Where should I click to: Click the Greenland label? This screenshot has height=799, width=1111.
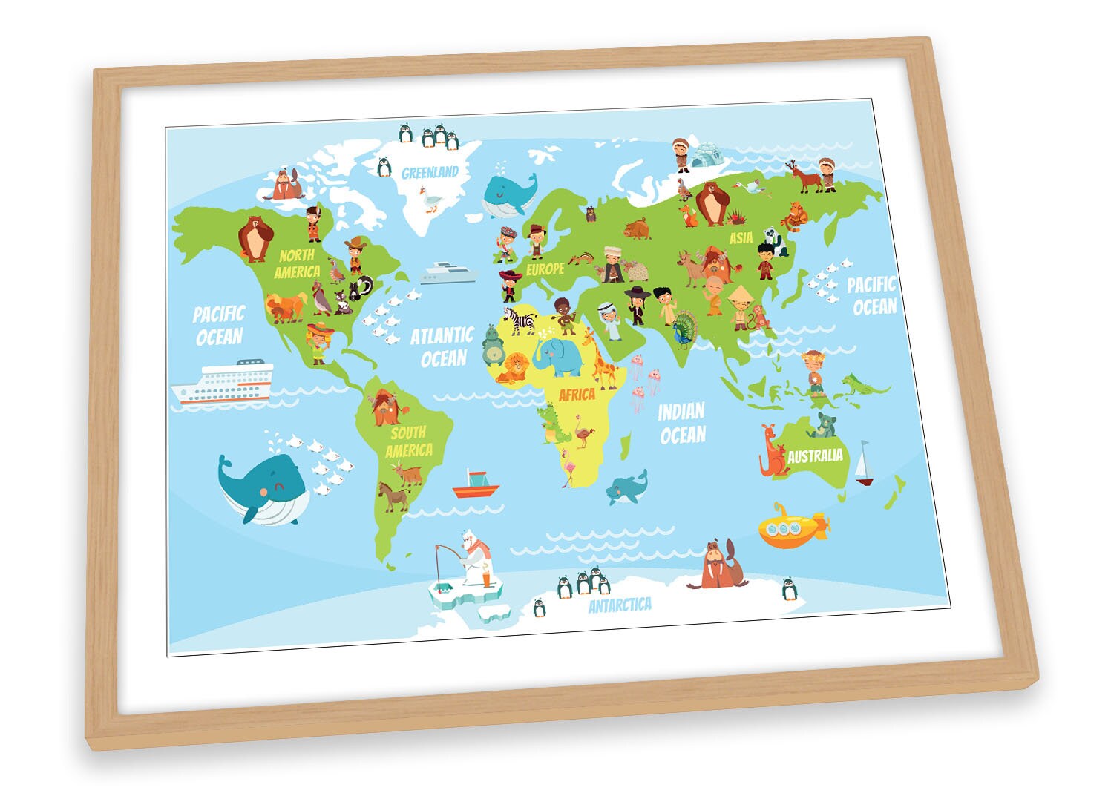tap(430, 173)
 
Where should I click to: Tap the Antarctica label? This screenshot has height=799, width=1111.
tap(620, 605)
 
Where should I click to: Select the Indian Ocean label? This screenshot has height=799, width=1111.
tap(681, 423)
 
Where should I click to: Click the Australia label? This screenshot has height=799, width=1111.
tap(815, 456)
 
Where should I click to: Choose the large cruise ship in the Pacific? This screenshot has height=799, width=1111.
tap(223, 383)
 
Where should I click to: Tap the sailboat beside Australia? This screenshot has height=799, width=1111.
tap(864, 464)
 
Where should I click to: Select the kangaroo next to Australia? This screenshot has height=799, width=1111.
tap(771, 450)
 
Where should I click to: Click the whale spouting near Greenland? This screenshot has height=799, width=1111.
tap(507, 193)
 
